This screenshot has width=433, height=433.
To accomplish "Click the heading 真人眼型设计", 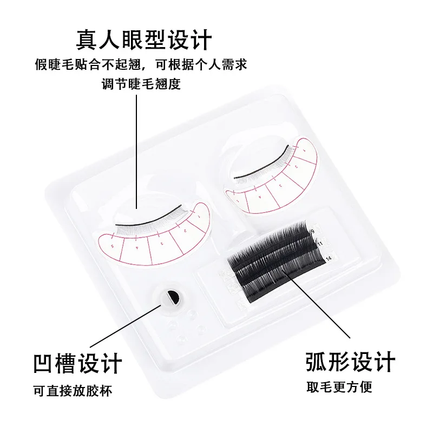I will pos(143,40).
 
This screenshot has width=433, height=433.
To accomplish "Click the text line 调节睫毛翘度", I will pos(140,84).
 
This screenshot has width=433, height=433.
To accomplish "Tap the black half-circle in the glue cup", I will pos(173,297).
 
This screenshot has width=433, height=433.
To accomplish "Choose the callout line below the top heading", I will pos(136,152).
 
